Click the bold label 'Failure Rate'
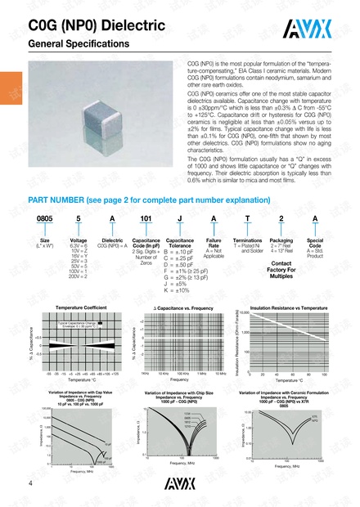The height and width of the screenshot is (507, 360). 214,243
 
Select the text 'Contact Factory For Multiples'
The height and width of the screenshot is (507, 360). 281,271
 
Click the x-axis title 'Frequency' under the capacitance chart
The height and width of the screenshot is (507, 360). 179,379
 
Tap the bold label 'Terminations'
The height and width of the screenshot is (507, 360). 247,240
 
